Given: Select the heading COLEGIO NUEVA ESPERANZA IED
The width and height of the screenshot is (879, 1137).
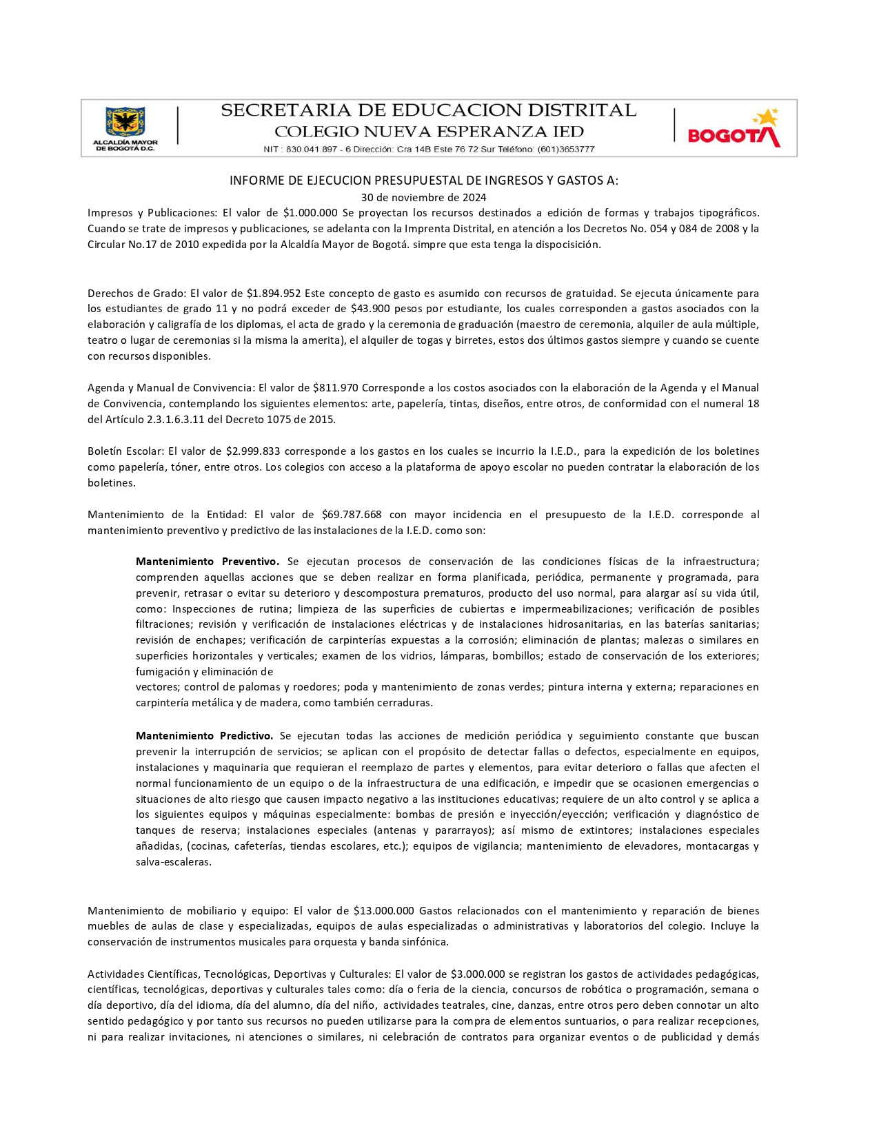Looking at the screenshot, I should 429,132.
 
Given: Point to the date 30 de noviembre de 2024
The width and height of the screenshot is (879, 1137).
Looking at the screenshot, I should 424,198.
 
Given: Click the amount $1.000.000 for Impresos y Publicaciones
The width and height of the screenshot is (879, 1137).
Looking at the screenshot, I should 310,213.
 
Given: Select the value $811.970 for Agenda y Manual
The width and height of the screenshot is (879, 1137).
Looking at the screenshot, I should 336,388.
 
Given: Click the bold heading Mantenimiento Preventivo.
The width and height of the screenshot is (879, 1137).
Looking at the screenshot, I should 208,562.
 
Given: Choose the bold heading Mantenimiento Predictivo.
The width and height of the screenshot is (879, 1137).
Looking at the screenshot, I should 205,736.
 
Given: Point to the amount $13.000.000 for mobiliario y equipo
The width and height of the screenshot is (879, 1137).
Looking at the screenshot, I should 383,911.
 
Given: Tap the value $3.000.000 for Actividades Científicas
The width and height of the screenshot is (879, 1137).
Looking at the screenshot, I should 478,974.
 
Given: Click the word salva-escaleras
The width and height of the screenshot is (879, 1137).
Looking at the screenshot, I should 174,862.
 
